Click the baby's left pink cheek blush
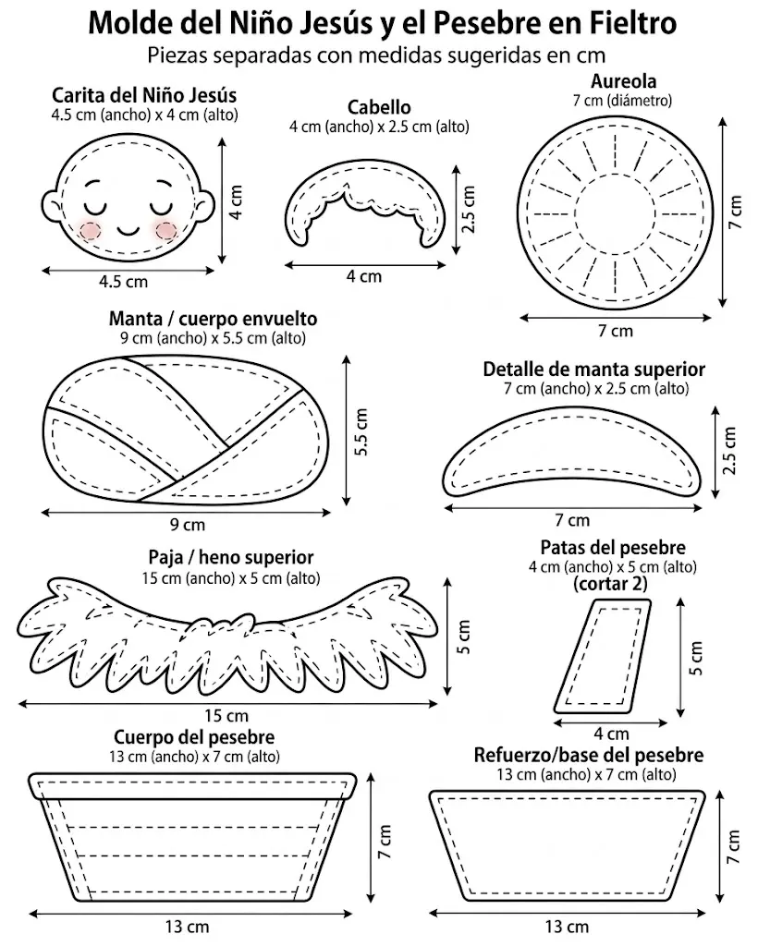[x=91, y=230]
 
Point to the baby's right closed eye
[x=161, y=206]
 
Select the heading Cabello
[x=379, y=107]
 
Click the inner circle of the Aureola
[x=615, y=213]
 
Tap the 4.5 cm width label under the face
[x=123, y=281]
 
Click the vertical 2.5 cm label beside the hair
[x=469, y=209]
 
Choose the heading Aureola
[x=623, y=81]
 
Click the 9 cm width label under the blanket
[x=187, y=525]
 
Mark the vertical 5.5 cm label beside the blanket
[x=361, y=432]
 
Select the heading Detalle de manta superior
[x=593, y=370]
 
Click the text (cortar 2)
[x=610, y=584]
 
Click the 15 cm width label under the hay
[x=226, y=716]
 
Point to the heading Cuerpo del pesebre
[x=194, y=737]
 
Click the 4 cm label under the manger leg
[x=611, y=734]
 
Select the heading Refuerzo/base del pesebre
[x=589, y=756]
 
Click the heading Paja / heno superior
[x=231, y=557]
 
